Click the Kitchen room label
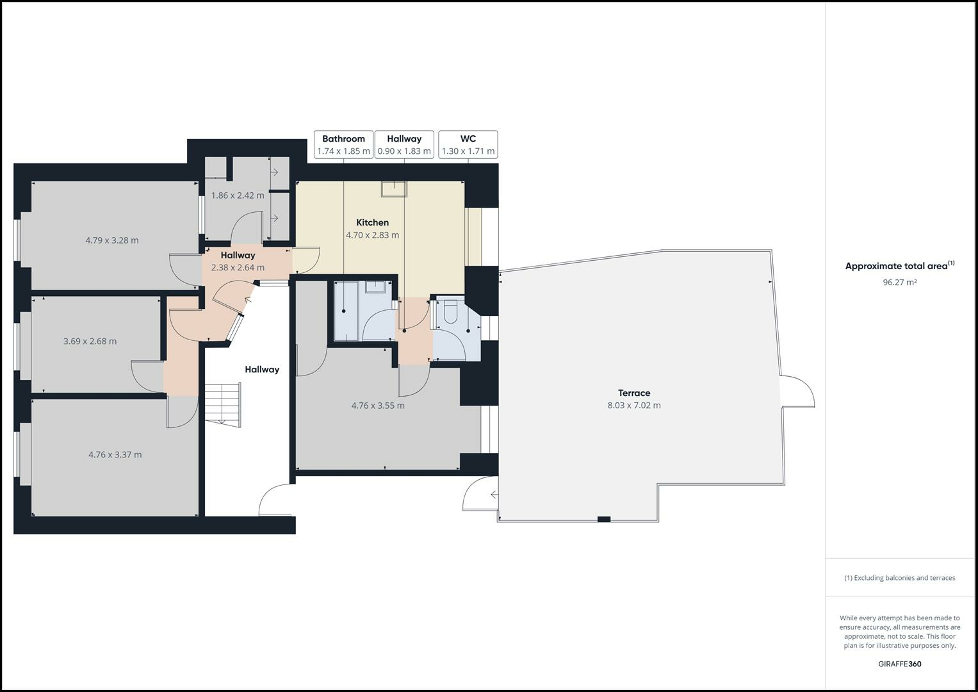click(372, 222)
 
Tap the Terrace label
click(633, 393)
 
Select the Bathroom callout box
click(343, 145)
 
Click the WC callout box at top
click(468, 145)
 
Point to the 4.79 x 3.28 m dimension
click(112, 240)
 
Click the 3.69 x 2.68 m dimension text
click(90, 341)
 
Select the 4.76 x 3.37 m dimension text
click(115, 454)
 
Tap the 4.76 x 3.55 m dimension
click(378, 405)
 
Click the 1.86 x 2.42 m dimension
click(238, 195)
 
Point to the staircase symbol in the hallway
click(222, 405)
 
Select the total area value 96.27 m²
click(899, 282)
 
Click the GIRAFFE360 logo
click(899, 664)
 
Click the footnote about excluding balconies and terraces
click(899, 577)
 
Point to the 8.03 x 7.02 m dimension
click(633, 405)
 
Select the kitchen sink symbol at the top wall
click(393, 188)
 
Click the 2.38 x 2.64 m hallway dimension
click(238, 267)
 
